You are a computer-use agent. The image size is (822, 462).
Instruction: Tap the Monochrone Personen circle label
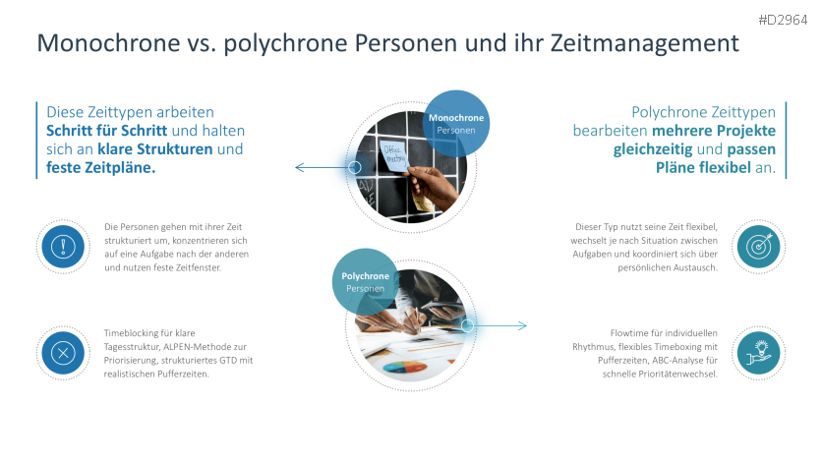(x=456, y=124)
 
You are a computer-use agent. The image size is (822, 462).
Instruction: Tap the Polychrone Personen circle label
(x=365, y=281)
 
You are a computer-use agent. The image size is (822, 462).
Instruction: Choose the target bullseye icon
(x=758, y=246)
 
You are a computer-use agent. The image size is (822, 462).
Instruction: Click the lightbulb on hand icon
(x=758, y=352)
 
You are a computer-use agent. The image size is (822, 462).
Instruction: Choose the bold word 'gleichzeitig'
(x=653, y=149)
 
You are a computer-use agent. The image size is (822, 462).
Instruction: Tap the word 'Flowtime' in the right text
(x=631, y=333)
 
